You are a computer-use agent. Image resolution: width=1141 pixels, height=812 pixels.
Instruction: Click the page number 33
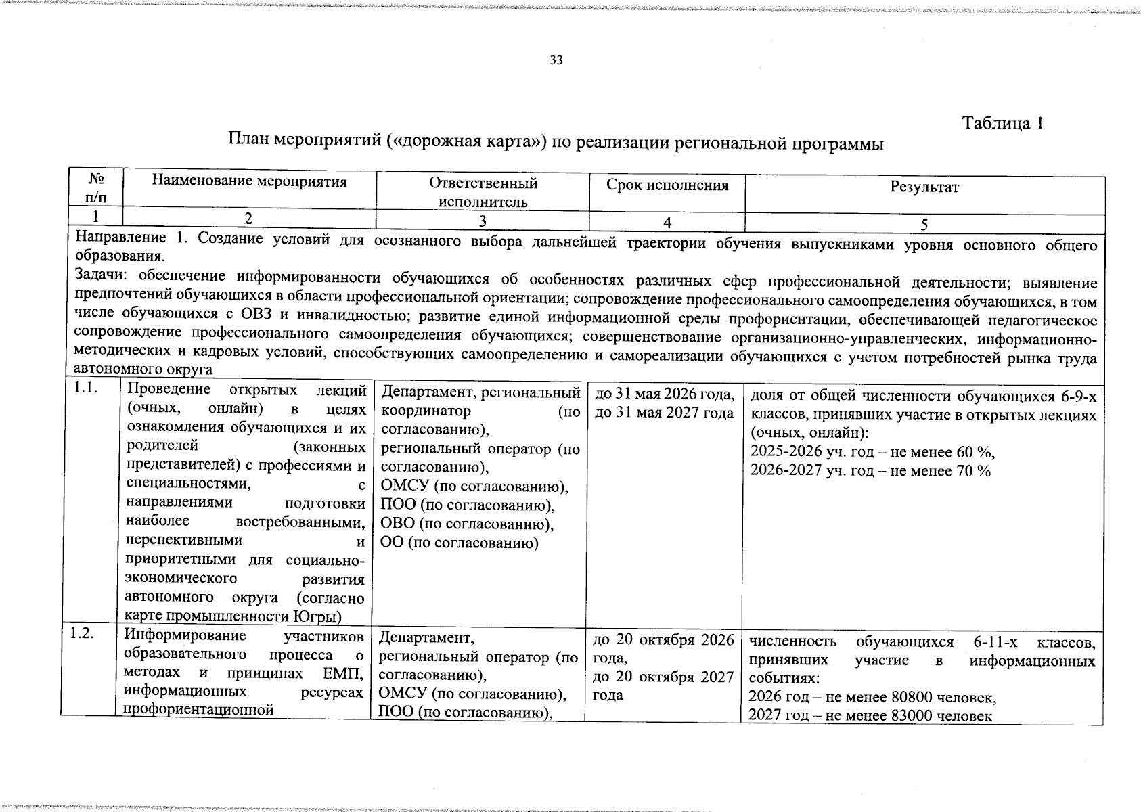556,60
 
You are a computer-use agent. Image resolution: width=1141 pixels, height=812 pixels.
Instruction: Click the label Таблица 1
1003,123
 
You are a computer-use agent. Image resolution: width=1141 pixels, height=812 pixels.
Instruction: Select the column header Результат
924,187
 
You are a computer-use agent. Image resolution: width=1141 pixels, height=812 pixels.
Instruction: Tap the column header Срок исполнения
667,185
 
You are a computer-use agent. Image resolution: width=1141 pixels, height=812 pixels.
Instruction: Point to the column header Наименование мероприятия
249,181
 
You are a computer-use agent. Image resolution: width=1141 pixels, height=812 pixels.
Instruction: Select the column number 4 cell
667,223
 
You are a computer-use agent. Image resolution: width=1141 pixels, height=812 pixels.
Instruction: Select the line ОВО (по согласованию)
467,524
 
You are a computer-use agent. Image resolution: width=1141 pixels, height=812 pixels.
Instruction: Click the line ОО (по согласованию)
460,543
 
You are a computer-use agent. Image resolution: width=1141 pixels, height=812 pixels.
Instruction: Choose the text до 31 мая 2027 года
663,413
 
